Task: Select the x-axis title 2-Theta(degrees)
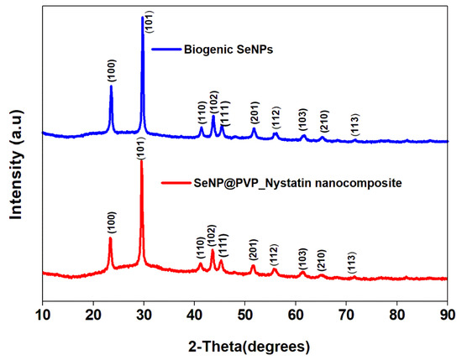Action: [x=244, y=346]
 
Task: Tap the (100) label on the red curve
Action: [x=111, y=222]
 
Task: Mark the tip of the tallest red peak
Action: [x=142, y=159]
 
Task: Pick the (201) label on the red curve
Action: [x=253, y=249]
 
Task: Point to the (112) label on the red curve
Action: [x=275, y=255]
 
